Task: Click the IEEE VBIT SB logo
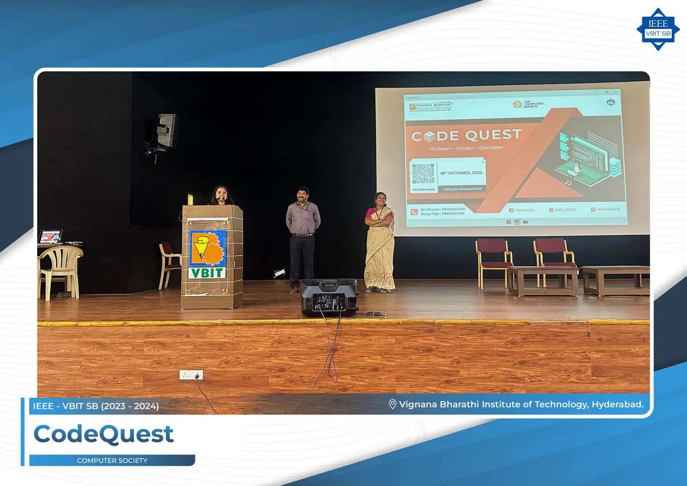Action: [x=658, y=29]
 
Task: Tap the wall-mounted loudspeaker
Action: [x=166, y=131]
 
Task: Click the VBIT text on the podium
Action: [x=207, y=273]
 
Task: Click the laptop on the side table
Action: [x=50, y=237]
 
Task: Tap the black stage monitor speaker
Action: [x=329, y=298]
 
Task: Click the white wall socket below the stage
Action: [x=191, y=375]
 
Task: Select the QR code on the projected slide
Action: [x=423, y=174]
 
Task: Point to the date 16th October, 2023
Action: [x=462, y=173]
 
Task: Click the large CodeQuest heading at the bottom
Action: [x=104, y=434]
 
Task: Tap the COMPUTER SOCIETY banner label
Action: [x=112, y=461]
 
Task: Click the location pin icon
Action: [x=392, y=404]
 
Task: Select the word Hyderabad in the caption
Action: [x=617, y=404]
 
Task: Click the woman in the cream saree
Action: [x=379, y=243]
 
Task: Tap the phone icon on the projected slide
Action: [x=414, y=212]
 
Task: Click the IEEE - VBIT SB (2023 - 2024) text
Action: [x=96, y=406]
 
